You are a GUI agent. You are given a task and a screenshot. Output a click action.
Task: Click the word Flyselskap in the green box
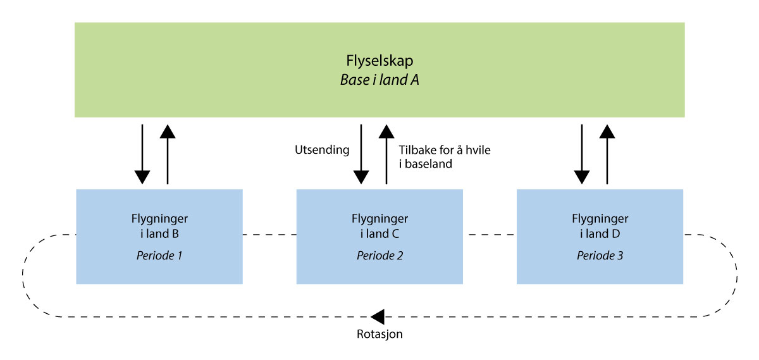tap(379, 61)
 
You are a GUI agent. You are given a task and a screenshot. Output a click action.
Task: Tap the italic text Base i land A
tap(379, 80)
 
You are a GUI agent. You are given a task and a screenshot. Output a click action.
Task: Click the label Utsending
tap(322, 151)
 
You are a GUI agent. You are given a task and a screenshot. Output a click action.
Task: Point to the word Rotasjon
tap(379, 333)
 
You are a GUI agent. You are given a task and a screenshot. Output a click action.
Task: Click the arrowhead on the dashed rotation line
tap(378, 316)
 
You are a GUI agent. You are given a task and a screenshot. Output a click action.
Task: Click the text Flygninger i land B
tap(159, 226)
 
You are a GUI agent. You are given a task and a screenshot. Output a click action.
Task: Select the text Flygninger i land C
tap(379, 226)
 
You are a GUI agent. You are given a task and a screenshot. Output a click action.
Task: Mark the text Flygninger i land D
tap(600, 226)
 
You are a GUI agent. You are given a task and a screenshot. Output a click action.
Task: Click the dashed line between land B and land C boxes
tap(270, 235)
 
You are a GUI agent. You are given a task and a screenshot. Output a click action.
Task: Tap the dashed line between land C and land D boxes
tap(490, 235)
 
